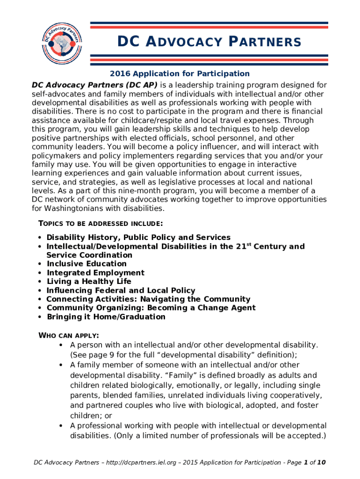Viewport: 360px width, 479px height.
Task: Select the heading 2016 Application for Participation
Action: [180, 73]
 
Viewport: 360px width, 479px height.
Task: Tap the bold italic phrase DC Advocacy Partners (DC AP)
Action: [95, 85]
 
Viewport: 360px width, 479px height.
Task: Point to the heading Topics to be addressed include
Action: [100, 223]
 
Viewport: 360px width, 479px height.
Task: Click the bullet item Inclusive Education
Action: [86, 264]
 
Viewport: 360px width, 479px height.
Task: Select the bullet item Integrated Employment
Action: [95, 273]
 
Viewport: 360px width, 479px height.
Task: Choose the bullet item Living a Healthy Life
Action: [89, 282]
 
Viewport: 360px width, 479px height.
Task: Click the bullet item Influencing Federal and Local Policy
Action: [121, 290]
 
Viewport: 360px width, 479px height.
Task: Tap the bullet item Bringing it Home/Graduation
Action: [106, 317]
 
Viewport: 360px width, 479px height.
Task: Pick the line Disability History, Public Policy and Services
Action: [138, 238]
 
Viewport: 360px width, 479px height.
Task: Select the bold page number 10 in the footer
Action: [321, 463]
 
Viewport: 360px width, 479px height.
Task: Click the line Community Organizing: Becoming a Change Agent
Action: [151, 308]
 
